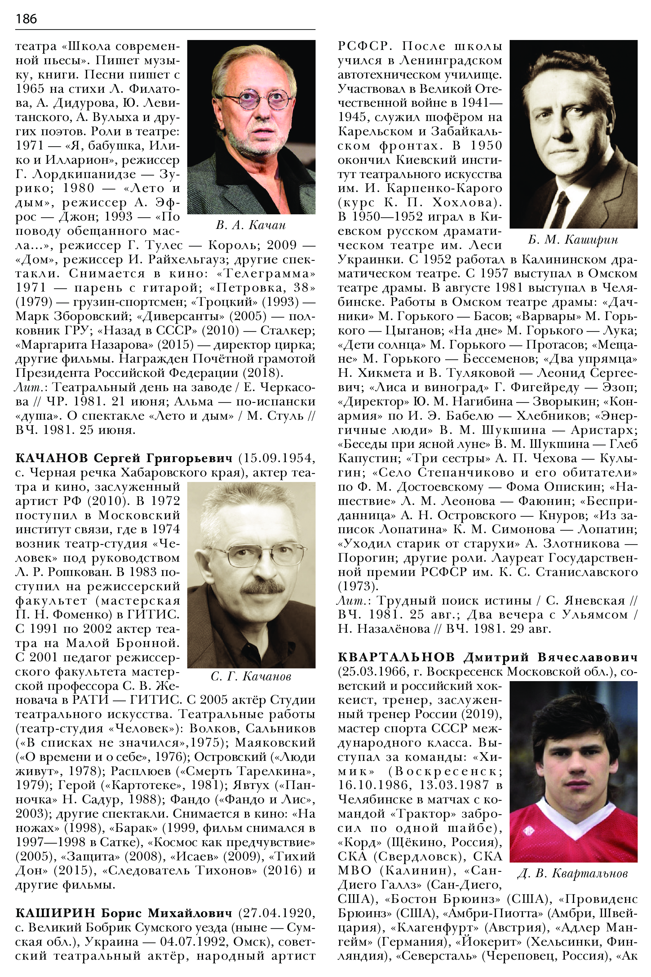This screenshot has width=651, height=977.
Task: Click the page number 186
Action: pos(26,19)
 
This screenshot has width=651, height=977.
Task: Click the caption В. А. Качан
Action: pos(251,225)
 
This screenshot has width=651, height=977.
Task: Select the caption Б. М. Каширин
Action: pos(573,240)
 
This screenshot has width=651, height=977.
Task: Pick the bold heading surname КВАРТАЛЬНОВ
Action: pos(396,658)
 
